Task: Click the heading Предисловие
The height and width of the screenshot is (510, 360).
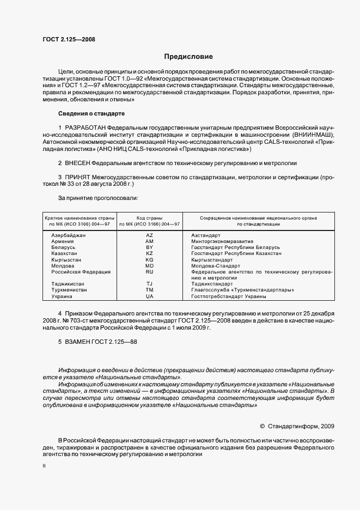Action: (188, 57)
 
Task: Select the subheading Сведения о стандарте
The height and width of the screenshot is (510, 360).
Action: (91, 113)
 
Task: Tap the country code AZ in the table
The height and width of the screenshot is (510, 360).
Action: (150, 235)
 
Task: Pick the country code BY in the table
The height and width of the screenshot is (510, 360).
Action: (150, 247)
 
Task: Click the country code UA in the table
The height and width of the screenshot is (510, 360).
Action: (150, 296)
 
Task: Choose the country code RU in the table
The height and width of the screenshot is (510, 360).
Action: (150, 271)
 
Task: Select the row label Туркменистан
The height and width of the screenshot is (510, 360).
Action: (69, 290)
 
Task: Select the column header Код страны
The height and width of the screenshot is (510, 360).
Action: (149, 217)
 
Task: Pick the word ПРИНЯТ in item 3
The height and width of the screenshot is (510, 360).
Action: (78, 177)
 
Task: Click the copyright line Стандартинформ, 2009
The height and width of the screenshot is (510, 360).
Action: (301, 426)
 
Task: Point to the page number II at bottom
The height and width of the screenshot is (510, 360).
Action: (44, 466)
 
